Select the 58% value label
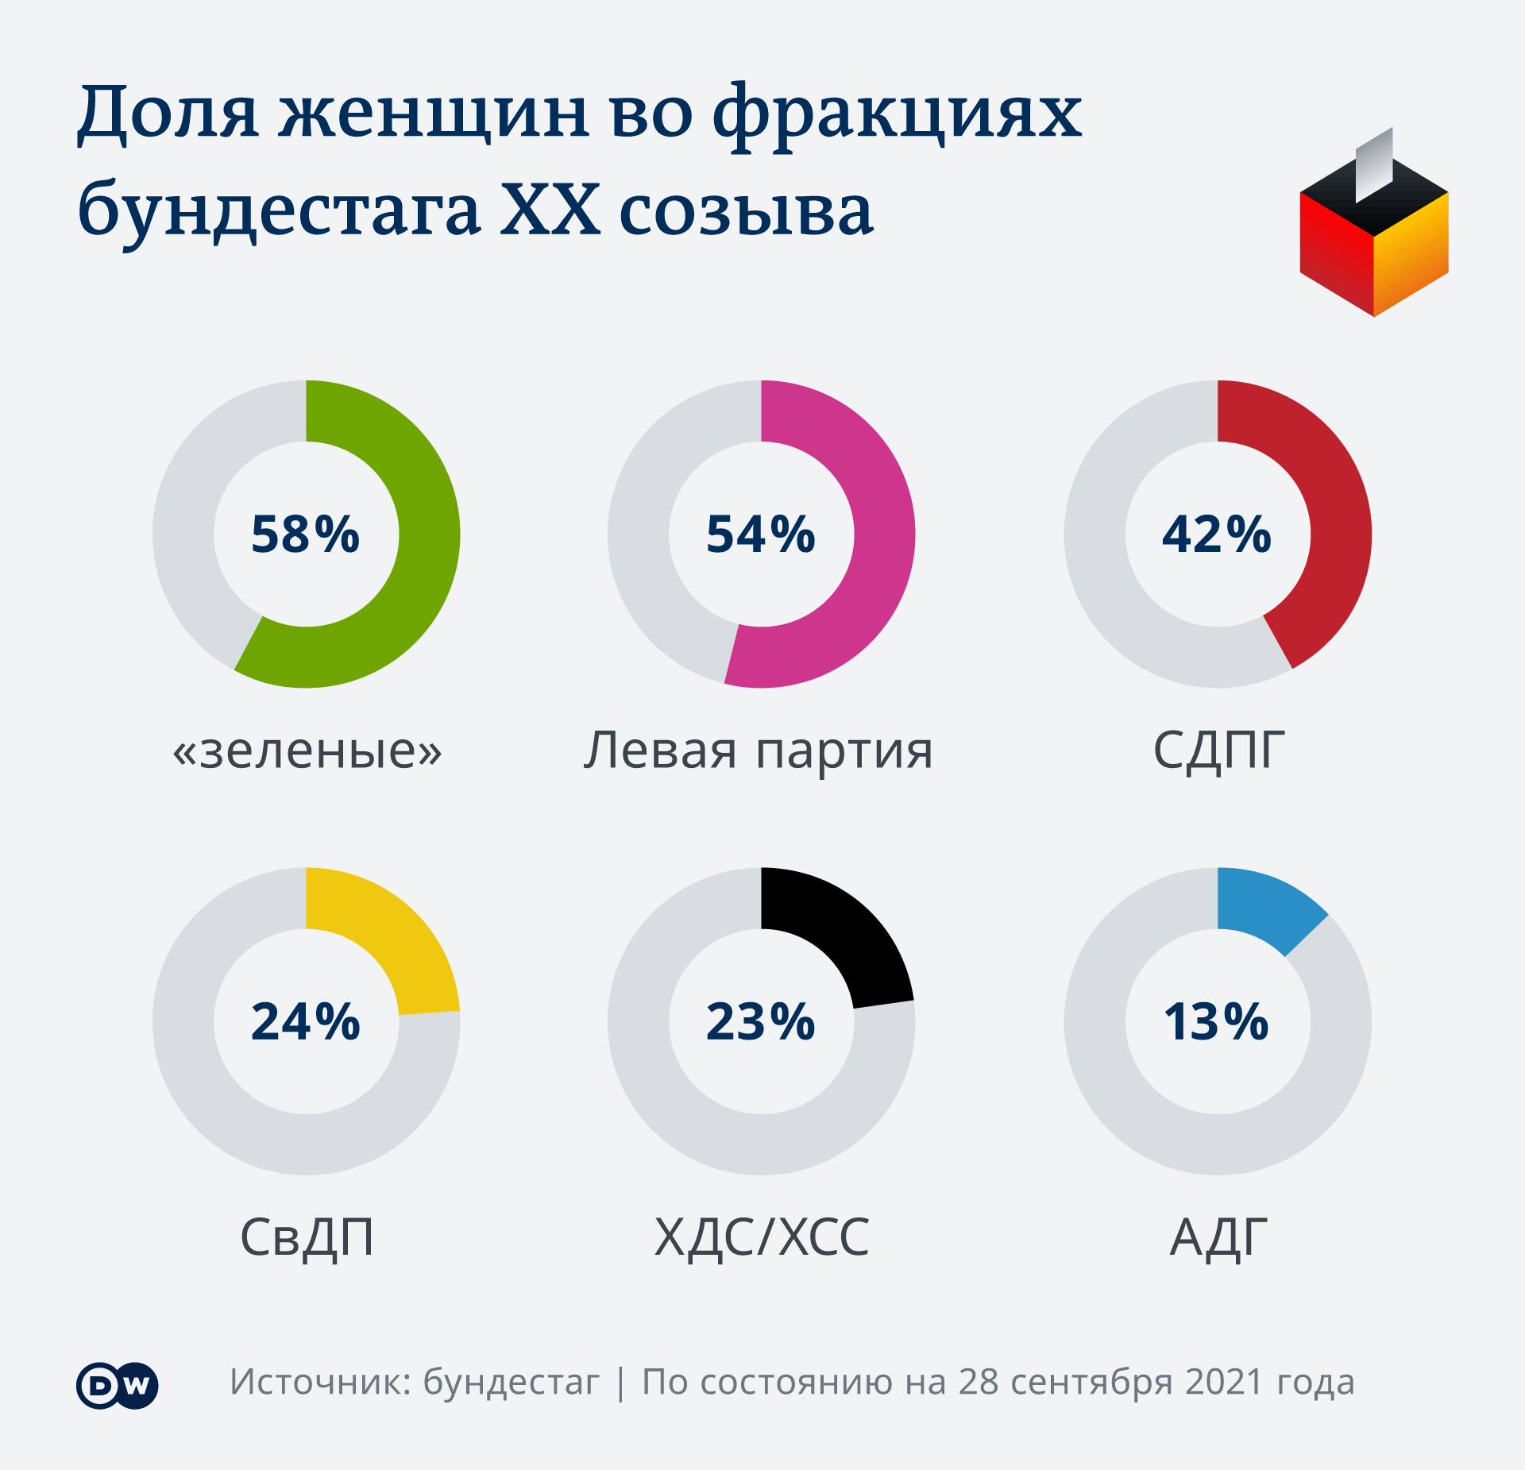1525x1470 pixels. (x=306, y=534)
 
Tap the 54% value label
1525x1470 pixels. (x=761, y=534)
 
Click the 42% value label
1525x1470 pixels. (x=1217, y=534)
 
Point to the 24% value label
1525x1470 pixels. (x=306, y=1021)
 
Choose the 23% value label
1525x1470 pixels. (x=761, y=1021)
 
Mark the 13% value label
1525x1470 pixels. (x=1217, y=1021)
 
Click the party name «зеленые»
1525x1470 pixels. (x=307, y=750)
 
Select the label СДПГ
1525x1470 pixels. (x=1218, y=750)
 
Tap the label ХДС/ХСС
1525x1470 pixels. (x=762, y=1237)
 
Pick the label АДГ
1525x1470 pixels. (x=1218, y=1237)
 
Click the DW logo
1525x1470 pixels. (x=118, y=1386)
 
